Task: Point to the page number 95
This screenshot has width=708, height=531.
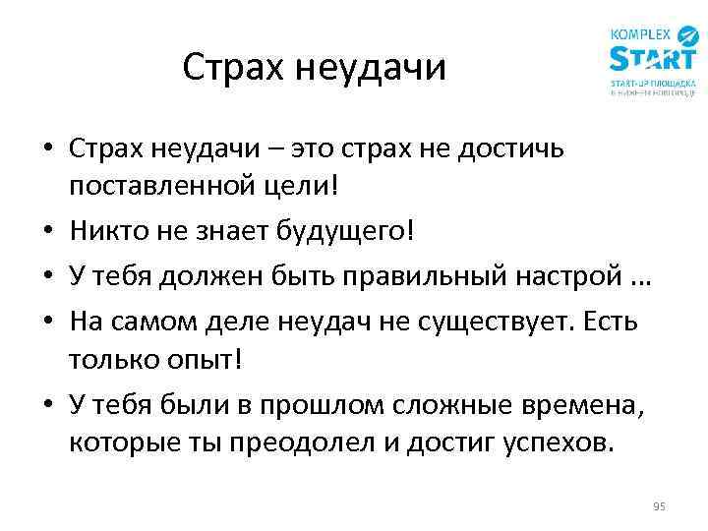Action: point(659,506)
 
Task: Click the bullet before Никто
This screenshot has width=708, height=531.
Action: point(46,232)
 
